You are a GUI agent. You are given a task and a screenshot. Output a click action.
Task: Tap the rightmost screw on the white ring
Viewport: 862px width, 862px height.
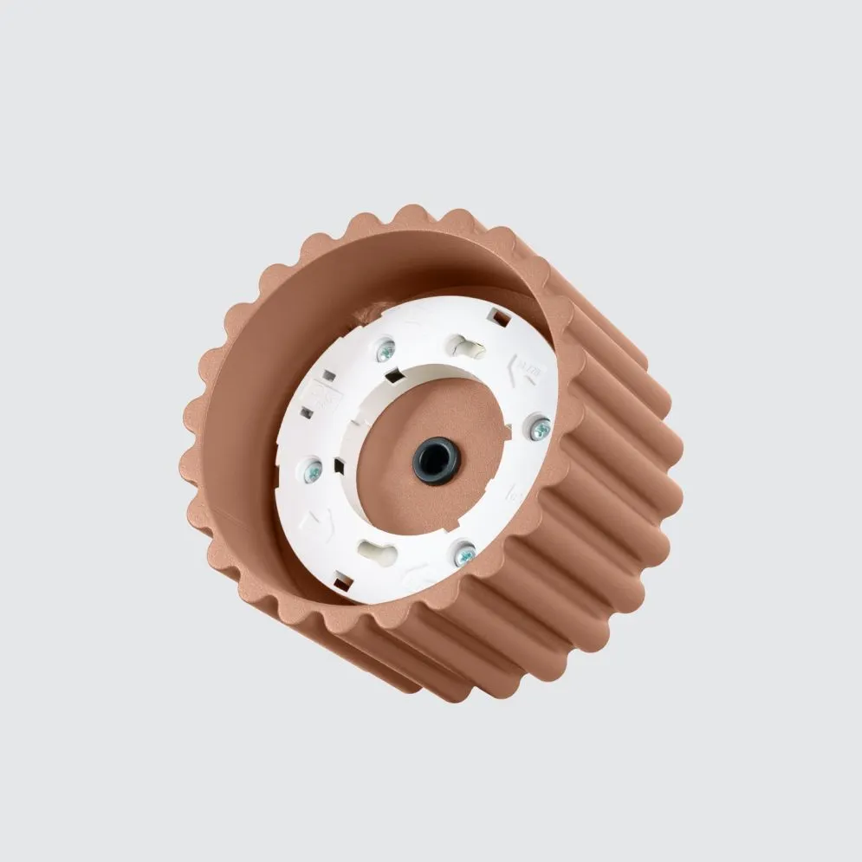click(x=541, y=426)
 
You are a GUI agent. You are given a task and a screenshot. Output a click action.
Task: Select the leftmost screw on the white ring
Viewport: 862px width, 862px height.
click(x=313, y=470)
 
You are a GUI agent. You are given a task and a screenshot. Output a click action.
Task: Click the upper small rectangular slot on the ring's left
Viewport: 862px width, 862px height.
click(x=329, y=377)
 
